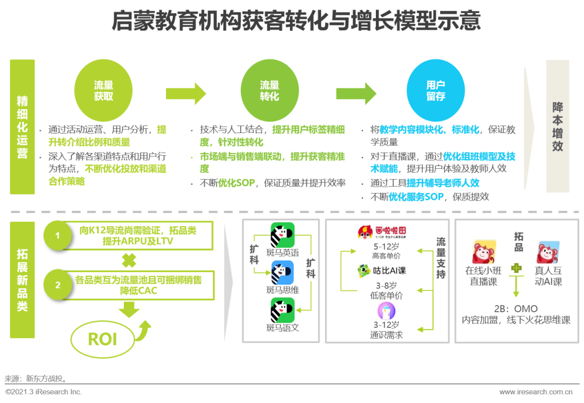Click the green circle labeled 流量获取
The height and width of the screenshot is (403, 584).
pyautogui.click(x=103, y=90)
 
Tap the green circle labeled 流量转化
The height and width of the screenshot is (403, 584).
pyautogui.click(x=269, y=90)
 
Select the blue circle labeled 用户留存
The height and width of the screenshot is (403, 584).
pyautogui.click(x=435, y=90)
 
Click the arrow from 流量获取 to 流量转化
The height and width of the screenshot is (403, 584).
pyautogui.click(x=186, y=94)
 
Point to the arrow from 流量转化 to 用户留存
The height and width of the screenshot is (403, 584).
pyautogui.click(x=356, y=94)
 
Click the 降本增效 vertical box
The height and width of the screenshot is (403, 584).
pyautogui.click(x=557, y=126)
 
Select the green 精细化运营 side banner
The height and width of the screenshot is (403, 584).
pyautogui.click(x=22, y=127)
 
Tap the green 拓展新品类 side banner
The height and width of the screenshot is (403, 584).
pyautogui.click(x=22, y=280)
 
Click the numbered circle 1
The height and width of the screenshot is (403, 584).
pyautogui.click(x=57, y=235)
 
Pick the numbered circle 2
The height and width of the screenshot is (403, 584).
pyautogui.click(x=57, y=285)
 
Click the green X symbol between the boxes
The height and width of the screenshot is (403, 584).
pyautogui.click(x=129, y=260)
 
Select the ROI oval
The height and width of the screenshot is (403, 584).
pyautogui.click(x=102, y=339)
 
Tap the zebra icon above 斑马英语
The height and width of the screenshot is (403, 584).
pyautogui.click(x=282, y=235)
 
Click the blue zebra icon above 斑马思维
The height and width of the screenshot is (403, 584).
pyautogui.click(x=282, y=273)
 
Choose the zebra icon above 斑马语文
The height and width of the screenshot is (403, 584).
pyautogui.click(x=282, y=310)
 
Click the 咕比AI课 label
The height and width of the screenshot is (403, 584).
pyautogui.click(x=389, y=270)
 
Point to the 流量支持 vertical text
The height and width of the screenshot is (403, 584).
pyautogui.click(x=441, y=258)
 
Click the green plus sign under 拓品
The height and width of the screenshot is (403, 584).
pyautogui.click(x=516, y=268)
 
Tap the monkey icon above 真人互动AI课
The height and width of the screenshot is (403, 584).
pyautogui.click(x=548, y=252)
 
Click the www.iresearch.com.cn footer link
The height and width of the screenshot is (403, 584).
pyautogui.click(x=535, y=392)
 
